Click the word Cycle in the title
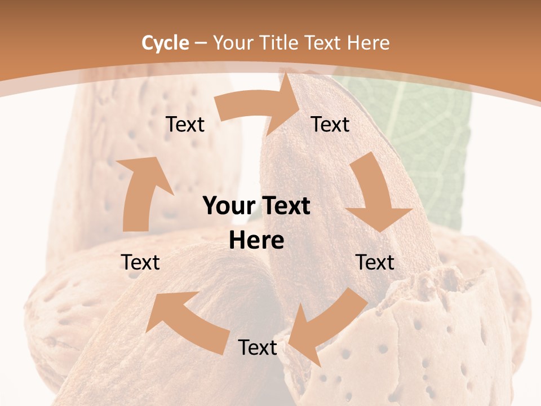pyautogui.click(x=165, y=43)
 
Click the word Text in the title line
pyautogui.click(x=323, y=43)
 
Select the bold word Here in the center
pyautogui.click(x=256, y=241)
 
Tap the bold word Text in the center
pyautogui.click(x=285, y=206)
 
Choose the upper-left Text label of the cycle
pyautogui.click(x=185, y=124)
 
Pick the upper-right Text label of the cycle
pyautogui.click(x=330, y=124)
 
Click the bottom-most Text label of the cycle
pyautogui.click(x=257, y=347)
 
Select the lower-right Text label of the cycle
pyautogui.click(x=375, y=262)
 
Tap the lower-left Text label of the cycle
pyautogui.click(x=140, y=262)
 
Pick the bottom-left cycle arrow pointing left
pyautogui.click(x=186, y=321)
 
